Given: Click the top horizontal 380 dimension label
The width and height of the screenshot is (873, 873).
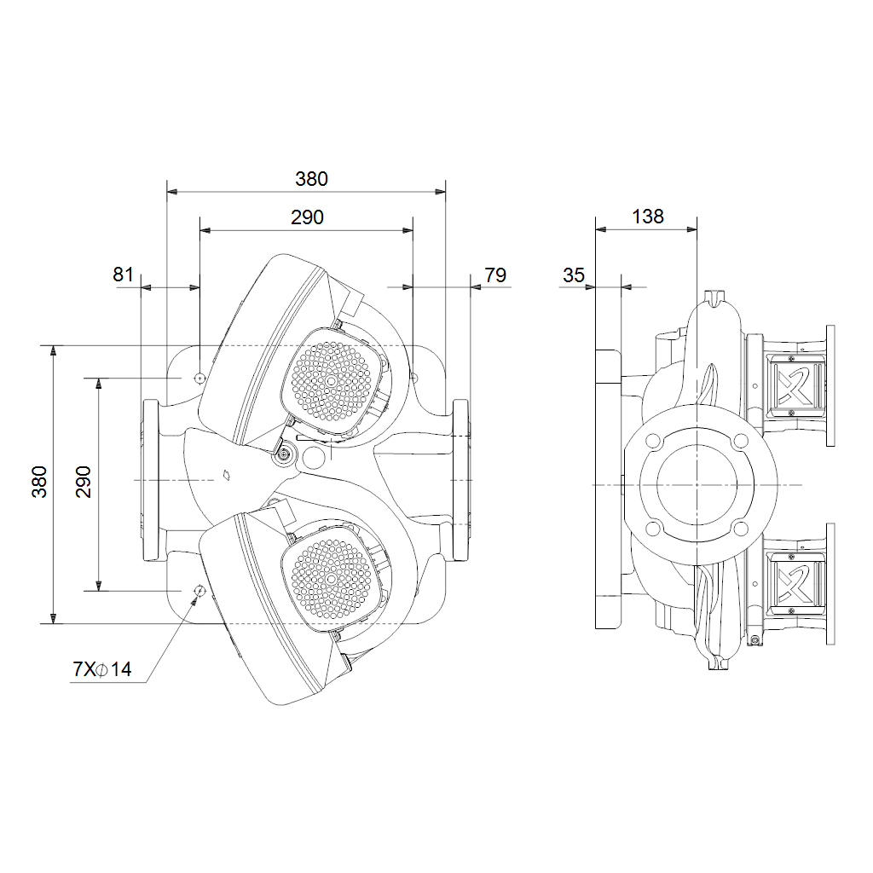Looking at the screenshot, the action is [311, 179].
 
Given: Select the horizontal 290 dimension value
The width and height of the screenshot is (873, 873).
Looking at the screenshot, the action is [307, 217].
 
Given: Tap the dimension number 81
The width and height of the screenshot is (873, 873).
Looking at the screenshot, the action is [123, 275].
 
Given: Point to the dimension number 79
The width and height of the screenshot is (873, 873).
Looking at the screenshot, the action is [495, 275].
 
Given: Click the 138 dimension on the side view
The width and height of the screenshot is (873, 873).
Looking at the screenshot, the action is [648, 216].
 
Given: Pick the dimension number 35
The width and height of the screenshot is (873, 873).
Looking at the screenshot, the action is [574, 275].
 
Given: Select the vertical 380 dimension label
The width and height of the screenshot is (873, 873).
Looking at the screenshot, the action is [39, 482].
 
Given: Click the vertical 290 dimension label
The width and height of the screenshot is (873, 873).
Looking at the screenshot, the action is [83, 482].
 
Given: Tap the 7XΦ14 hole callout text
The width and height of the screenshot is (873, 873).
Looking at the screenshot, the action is [102, 668].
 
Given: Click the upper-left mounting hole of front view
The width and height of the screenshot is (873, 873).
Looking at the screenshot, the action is [199, 378].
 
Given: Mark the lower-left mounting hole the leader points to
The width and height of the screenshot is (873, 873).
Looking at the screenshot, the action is [199, 590].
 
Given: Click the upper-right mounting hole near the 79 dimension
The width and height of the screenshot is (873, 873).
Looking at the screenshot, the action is [413, 378].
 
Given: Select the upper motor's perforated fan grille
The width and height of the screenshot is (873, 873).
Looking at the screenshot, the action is [332, 381].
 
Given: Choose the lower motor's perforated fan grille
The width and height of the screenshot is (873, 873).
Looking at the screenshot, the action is [332, 579].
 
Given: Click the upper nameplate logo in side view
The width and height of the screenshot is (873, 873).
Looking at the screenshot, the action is [795, 385].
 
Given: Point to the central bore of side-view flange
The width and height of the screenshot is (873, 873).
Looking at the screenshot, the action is [697, 485].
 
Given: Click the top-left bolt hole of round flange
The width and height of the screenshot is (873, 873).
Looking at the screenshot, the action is [653, 442].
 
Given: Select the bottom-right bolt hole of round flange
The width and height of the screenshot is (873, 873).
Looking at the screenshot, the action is [741, 529].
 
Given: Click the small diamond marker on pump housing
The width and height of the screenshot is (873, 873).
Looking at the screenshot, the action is [227, 475].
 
